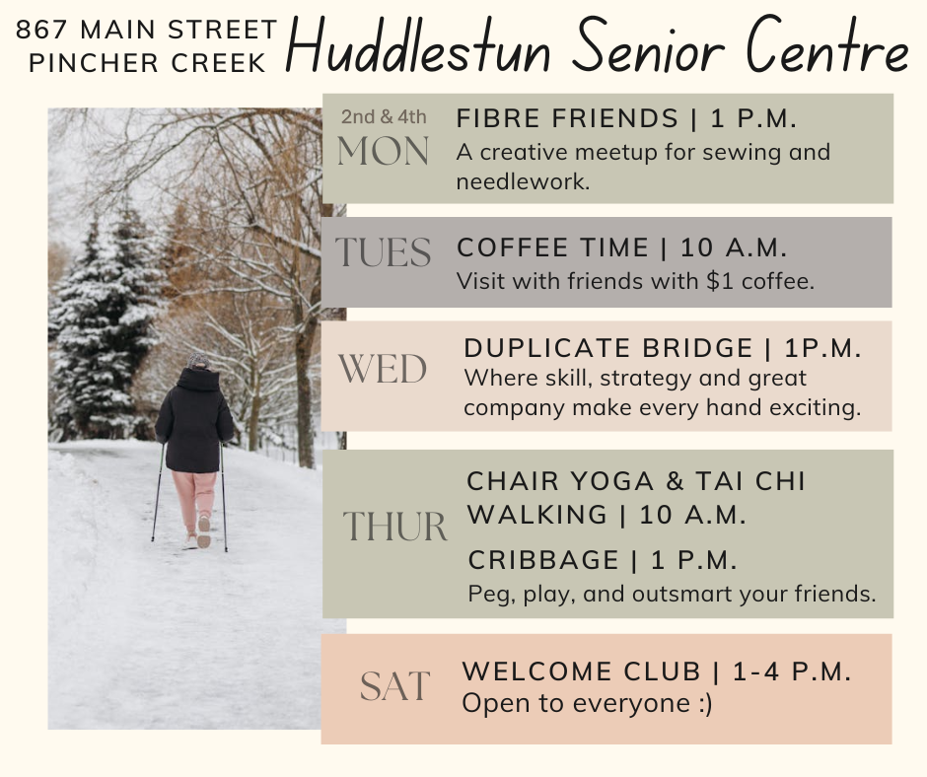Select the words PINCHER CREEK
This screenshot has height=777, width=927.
tap(148, 63)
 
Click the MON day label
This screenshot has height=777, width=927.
tap(383, 152)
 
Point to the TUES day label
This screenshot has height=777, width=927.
tap(383, 252)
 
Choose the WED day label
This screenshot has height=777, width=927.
tap(383, 369)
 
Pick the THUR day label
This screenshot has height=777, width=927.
tap(394, 527)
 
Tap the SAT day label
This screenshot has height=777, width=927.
tap(394, 686)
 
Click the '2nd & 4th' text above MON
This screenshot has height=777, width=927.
tap(384, 117)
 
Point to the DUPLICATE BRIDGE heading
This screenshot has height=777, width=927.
tap(608, 348)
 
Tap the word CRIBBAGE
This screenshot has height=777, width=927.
tap(543, 560)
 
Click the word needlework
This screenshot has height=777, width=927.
tap(523, 181)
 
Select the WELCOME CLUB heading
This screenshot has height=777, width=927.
tap(582, 671)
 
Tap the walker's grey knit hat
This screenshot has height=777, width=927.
tap(197, 361)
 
